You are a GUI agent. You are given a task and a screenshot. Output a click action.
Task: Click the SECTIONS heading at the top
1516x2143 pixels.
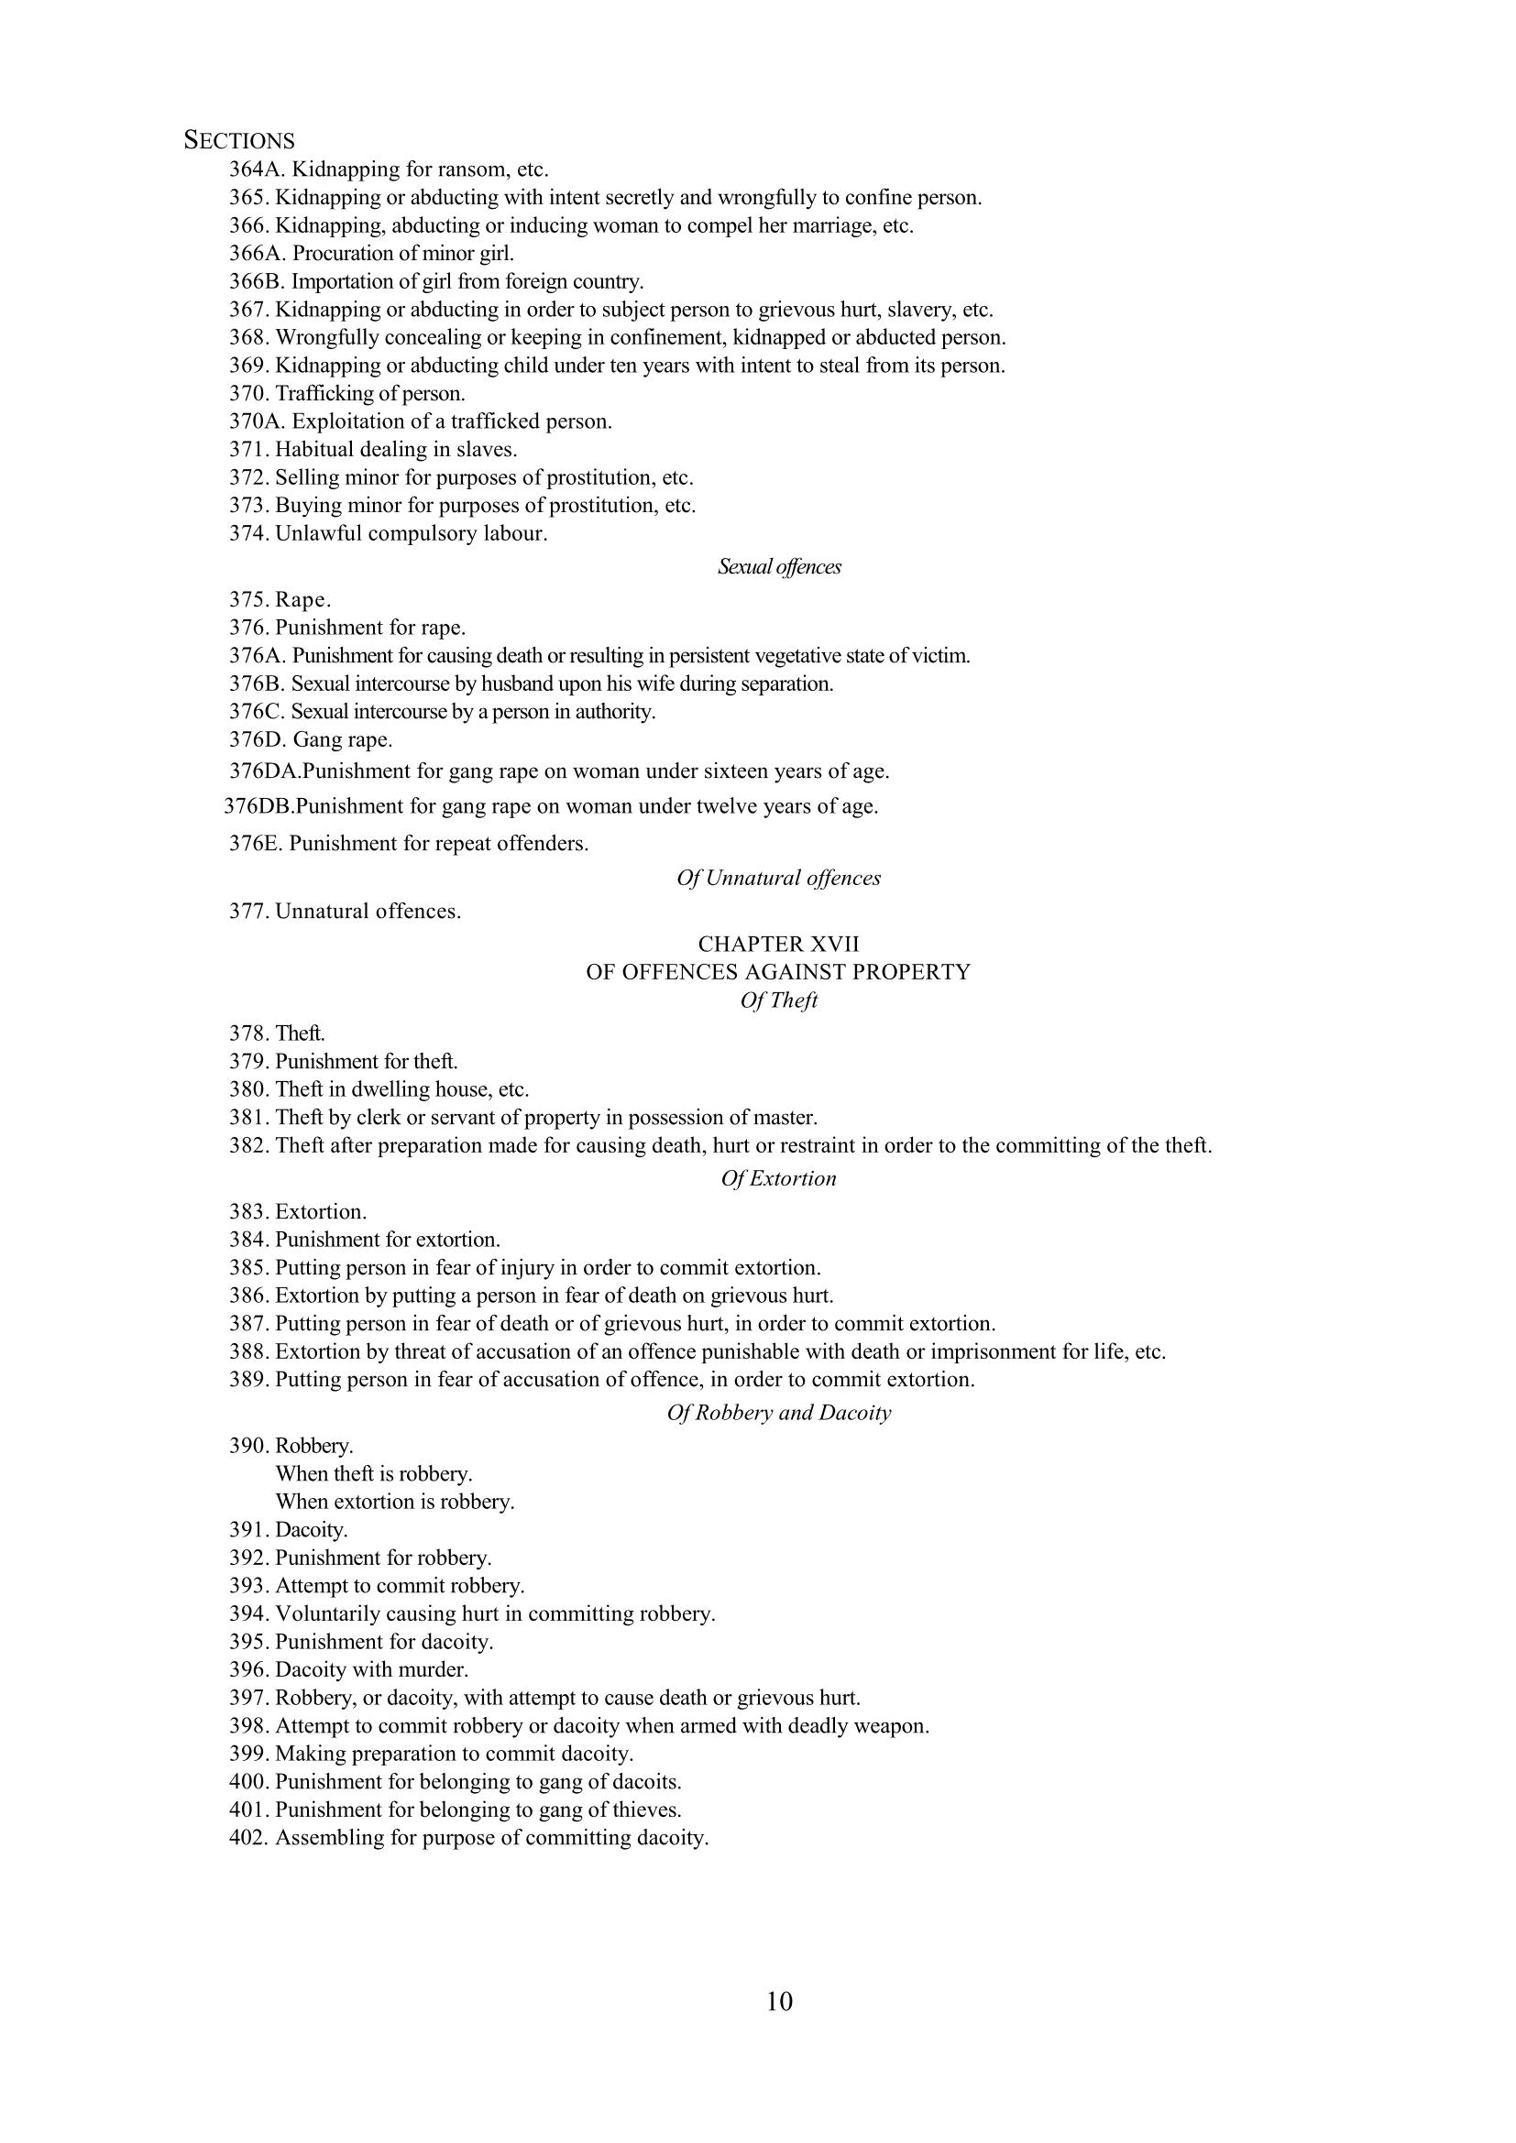(239, 141)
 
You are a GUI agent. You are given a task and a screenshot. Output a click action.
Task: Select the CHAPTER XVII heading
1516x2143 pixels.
(778, 944)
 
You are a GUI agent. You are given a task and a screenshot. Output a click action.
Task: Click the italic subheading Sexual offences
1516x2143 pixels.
(779, 566)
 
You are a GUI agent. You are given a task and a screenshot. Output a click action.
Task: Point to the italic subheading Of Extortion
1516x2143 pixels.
(778, 1179)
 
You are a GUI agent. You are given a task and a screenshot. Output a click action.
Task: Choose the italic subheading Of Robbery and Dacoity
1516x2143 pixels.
(778, 1412)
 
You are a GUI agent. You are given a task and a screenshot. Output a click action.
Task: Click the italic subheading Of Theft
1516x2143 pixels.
(778, 1000)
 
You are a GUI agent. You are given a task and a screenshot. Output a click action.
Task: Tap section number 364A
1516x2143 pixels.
(257, 169)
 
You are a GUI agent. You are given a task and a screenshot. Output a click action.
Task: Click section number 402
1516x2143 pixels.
(248, 1838)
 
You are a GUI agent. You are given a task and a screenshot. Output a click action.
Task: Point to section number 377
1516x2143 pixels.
(248, 911)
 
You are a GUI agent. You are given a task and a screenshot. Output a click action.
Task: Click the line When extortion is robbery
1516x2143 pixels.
(395, 1502)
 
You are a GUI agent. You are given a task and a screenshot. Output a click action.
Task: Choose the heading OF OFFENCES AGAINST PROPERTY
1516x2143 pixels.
(778, 971)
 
